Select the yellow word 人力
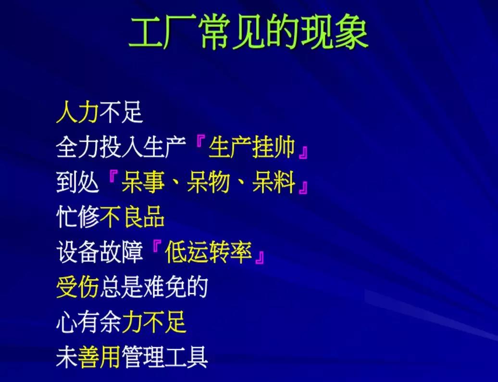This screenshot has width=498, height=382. coord(77,112)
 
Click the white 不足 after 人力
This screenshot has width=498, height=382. coord(121,112)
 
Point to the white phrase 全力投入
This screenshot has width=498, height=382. coord(99,148)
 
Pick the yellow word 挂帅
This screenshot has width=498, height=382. coord(274,148)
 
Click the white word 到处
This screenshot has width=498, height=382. coord(77,182)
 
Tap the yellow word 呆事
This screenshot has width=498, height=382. coord(143,182)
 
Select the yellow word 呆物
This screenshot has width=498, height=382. coord(208,182)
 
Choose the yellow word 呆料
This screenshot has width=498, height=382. coord(274,182)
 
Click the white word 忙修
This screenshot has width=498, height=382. coord(77,217)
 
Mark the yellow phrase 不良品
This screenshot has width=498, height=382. coord(132,217)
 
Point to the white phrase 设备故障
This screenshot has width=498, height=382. coord(100,252)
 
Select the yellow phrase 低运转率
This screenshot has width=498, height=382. coord(208,252)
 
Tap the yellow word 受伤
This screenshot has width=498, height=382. coord(77,287)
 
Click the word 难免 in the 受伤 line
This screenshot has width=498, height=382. coord(164,287)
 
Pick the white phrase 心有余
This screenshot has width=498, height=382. coord(88,322)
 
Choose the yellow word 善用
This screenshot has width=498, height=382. coord(99,357)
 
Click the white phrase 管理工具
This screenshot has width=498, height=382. coord(164,357)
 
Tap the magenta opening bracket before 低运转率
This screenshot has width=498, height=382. coord(156,247)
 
